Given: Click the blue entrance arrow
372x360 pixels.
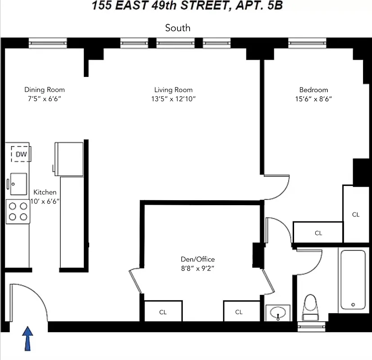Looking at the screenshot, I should point(28,338).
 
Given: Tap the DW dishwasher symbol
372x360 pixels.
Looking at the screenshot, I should point(21,154).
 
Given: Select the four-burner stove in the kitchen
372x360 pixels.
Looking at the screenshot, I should point(18,211).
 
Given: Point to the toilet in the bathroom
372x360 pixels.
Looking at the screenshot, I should point(311,308).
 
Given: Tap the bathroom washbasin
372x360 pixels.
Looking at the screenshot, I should point(278,312).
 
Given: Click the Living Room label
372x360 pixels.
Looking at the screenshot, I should point(173,90).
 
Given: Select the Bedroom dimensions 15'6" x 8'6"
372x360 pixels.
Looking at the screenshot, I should point(313,99).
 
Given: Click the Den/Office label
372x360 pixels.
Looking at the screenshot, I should point(198,259).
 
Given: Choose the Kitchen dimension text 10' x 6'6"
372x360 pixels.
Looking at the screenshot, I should point(45,201).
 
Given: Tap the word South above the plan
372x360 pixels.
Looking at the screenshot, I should point(177,28).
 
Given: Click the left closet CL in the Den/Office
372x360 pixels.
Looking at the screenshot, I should point(163,312).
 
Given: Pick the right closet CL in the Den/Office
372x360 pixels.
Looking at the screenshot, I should point(239,312).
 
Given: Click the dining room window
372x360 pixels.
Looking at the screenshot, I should point(47,44).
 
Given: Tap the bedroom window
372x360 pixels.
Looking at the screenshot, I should point(307,44).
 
